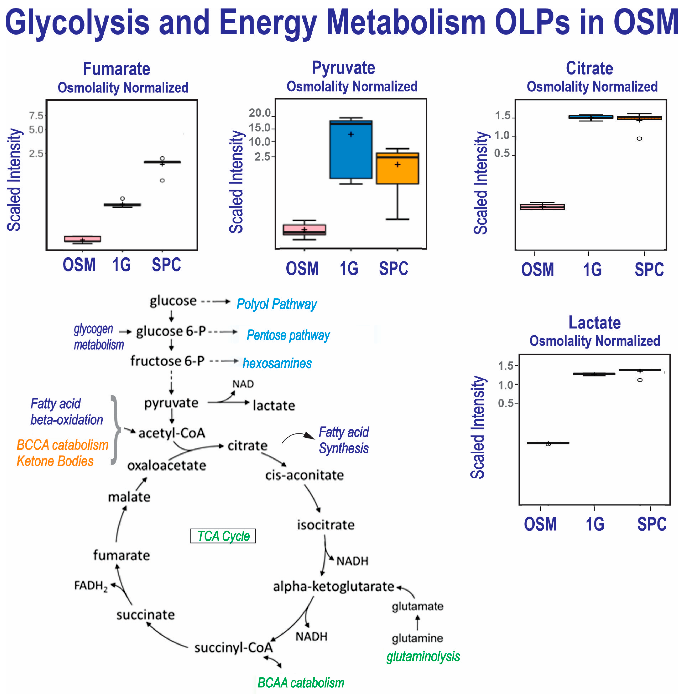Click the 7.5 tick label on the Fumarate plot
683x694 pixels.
(36, 116)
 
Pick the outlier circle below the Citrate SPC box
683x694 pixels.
(639, 139)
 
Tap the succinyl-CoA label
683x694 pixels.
(234, 648)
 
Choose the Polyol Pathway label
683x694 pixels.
(277, 304)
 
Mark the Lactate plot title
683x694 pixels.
(594, 323)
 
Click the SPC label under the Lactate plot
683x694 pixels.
(651, 524)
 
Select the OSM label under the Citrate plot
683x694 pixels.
(537, 270)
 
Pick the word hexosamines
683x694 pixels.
(277, 364)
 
